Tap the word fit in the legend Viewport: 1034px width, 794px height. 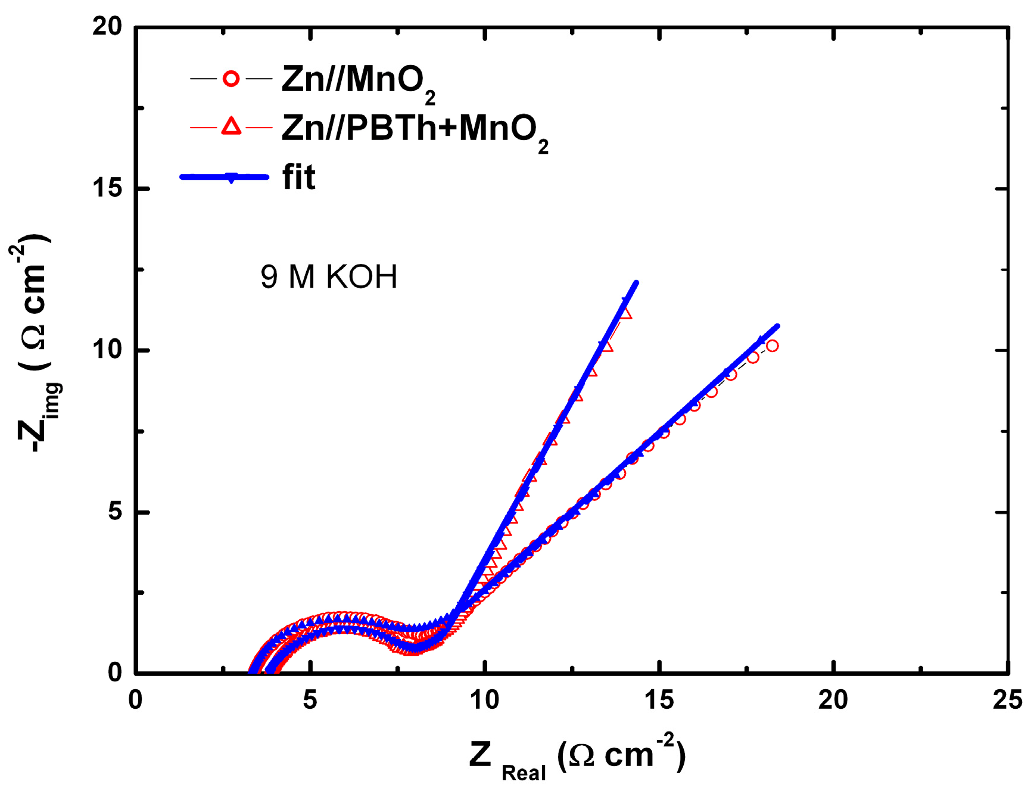click(x=298, y=177)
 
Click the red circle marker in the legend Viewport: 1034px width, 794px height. click(x=231, y=79)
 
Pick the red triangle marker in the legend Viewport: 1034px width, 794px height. click(x=231, y=127)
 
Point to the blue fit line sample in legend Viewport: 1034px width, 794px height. click(x=225, y=176)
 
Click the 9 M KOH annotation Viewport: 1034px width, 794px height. click(x=328, y=277)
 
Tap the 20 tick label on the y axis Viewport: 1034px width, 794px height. click(x=107, y=26)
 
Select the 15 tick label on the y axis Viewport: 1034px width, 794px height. click(x=107, y=188)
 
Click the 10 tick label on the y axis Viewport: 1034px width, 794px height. click(x=107, y=350)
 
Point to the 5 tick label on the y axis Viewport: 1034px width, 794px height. click(x=115, y=512)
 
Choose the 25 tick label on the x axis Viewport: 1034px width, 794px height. click(x=1007, y=700)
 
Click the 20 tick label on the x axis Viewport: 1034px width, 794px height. click(x=833, y=700)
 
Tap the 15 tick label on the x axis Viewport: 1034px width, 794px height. click(x=659, y=700)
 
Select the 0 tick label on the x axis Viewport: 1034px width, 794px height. click(x=136, y=700)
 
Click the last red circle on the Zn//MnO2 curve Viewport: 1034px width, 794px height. click(x=772, y=345)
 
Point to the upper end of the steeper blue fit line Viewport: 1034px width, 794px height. click(x=636, y=283)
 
